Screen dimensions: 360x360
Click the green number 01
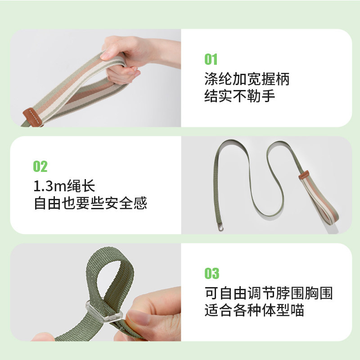pyautogui.click(x=211, y=59)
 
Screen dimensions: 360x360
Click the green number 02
pyautogui.click(x=40, y=166)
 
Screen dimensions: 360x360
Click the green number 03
pyautogui.click(x=211, y=273)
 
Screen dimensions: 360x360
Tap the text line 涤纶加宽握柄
pyautogui.click(x=247, y=79)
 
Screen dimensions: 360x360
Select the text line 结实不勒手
pyautogui.click(x=239, y=96)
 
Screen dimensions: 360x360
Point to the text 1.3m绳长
pyautogui.click(x=65, y=186)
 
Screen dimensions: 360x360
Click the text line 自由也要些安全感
pyautogui.click(x=90, y=203)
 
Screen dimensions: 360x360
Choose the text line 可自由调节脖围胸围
pyautogui.click(x=269, y=293)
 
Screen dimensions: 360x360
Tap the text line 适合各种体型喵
pyautogui.click(x=254, y=310)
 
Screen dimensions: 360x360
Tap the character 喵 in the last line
pyautogui.click(x=297, y=310)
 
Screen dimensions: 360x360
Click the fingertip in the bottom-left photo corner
pyautogui.click(x=42, y=336)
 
